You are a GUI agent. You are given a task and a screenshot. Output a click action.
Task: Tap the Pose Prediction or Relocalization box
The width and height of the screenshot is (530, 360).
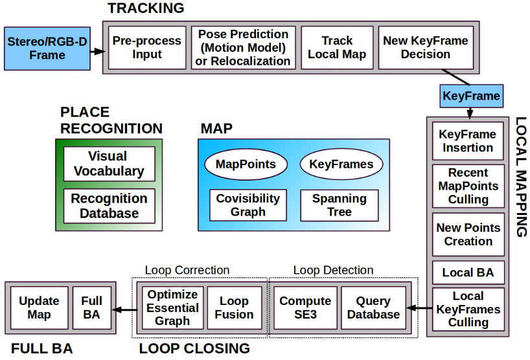click(243, 47)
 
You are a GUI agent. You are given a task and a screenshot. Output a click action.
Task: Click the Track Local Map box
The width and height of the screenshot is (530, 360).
click(337, 47)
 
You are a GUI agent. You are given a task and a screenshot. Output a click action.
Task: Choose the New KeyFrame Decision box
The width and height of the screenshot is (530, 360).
click(425, 47)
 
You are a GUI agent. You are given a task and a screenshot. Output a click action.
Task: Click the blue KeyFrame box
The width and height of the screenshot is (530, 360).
click(471, 96)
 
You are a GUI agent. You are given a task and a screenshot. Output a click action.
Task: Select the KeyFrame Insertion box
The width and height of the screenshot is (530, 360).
click(468, 141)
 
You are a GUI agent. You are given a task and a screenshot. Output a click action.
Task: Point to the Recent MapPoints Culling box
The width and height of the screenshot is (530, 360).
click(468, 186)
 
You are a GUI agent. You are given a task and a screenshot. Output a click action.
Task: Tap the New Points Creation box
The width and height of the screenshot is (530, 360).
click(468, 234)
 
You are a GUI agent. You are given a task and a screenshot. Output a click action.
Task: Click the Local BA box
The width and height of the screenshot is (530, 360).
click(468, 273)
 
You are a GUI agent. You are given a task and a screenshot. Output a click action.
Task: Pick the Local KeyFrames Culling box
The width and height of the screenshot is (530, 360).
click(468, 309)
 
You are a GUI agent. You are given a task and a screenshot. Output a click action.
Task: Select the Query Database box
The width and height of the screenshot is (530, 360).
click(373, 308)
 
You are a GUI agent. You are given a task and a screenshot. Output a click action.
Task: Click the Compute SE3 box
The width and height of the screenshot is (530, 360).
click(305, 308)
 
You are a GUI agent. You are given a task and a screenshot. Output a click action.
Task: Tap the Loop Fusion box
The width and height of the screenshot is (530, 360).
click(234, 308)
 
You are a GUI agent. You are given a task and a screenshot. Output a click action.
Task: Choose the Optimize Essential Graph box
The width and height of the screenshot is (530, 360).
click(172, 308)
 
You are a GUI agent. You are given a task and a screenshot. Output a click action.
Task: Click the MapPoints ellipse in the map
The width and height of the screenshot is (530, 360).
click(245, 164)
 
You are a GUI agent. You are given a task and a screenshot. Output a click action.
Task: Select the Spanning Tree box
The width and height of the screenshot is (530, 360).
click(339, 205)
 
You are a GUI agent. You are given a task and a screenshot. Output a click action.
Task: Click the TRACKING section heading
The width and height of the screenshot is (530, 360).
click(146, 8)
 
